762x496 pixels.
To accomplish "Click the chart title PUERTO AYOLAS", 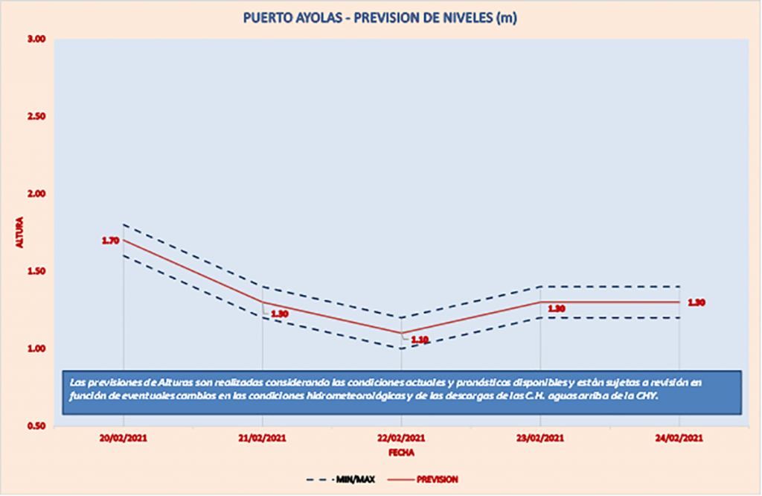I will (x=380, y=18).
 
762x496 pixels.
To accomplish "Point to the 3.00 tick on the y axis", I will (x=36, y=39).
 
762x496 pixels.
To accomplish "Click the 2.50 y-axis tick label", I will (x=36, y=117).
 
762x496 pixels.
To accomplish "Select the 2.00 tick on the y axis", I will (x=36, y=194).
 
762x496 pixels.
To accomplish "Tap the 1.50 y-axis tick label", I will (x=36, y=272).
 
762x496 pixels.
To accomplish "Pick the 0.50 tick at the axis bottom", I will (x=36, y=426).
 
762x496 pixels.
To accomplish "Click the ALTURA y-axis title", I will (x=20, y=232).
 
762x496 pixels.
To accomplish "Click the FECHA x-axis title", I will (x=401, y=452).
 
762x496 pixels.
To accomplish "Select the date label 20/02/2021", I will (x=124, y=439).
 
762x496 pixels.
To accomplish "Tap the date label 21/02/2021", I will (x=262, y=439).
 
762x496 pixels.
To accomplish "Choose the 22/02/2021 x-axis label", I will (x=401, y=439).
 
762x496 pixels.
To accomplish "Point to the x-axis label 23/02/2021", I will (x=540, y=439).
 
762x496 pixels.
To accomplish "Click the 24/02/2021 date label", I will (x=679, y=439).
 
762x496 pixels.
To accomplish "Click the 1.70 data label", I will (x=110, y=241).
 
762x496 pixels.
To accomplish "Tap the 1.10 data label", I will (x=420, y=340).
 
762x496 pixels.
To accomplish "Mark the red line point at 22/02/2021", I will (x=401, y=333).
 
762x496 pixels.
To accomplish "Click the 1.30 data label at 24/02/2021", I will (x=697, y=302).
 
